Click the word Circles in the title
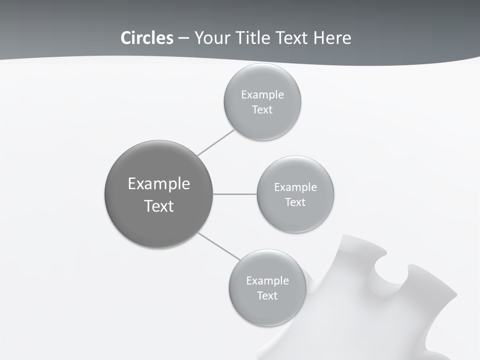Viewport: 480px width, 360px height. (146, 38)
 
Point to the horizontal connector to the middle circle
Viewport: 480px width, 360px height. (235, 194)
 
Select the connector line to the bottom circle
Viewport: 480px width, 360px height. (218, 246)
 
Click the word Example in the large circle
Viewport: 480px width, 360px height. (159, 184)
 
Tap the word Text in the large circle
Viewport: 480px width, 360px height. (159, 206)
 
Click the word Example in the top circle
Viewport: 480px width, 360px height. (262, 95)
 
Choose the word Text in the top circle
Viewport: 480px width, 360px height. (262, 110)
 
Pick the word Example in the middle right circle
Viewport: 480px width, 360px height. (295, 187)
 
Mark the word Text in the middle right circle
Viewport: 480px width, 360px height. (295, 202)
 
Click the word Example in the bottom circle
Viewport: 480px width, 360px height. (267, 281)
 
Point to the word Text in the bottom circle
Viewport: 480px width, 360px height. (267, 296)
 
